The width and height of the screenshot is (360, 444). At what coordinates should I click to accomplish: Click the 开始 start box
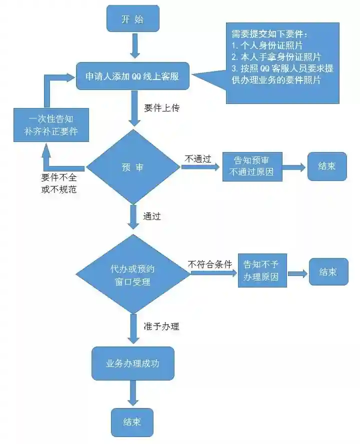click(132, 19)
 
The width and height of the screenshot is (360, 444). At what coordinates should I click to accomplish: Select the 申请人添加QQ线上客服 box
click(132, 76)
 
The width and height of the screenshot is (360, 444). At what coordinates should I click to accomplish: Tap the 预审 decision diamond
click(132, 167)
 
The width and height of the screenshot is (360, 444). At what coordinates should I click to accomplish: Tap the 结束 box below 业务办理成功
click(132, 421)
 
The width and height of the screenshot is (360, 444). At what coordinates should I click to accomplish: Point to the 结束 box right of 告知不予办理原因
click(328, 271)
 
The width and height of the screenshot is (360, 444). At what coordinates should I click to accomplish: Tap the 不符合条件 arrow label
click(210, 263)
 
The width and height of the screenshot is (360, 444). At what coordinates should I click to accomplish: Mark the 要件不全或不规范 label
click(59, 183)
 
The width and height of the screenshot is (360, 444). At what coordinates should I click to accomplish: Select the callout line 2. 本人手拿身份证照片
click(276, 57)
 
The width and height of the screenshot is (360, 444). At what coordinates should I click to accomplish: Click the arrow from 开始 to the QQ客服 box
click(132, 47)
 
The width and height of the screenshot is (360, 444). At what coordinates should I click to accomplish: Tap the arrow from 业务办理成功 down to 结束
click(132, 393)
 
